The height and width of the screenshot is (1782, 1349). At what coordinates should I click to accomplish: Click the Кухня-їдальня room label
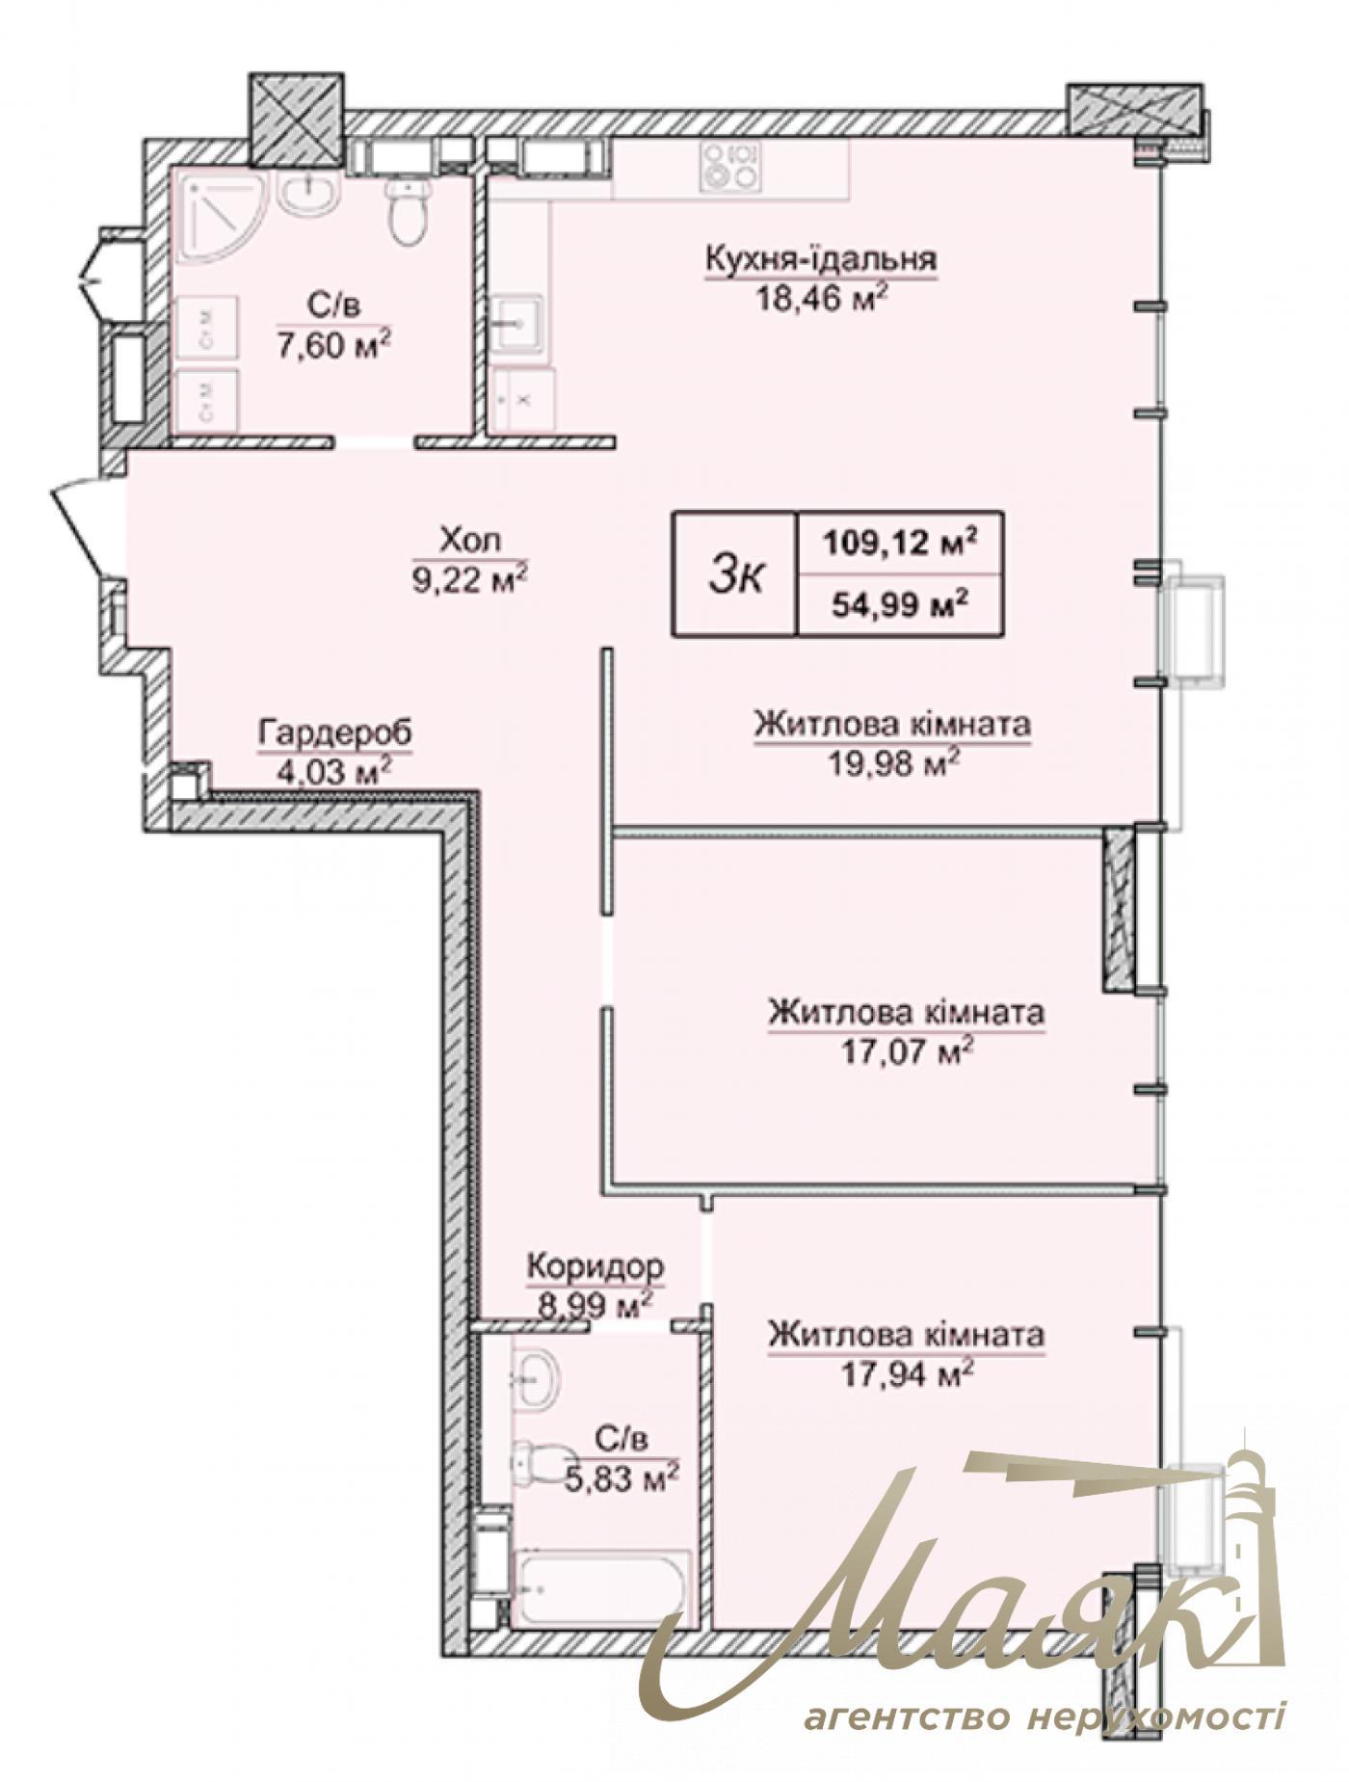821,259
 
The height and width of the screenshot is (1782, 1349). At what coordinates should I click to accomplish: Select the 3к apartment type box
735,574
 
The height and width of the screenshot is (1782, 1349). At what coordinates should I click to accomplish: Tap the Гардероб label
334,732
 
